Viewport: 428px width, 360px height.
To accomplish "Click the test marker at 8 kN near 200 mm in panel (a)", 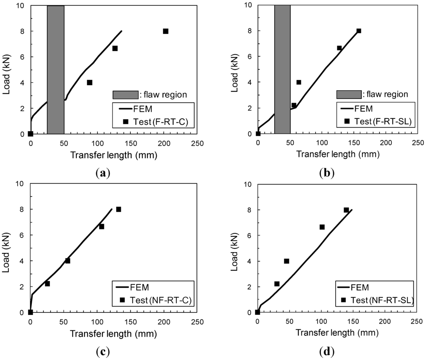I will click(166, 31).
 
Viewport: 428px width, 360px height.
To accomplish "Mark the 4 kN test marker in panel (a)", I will click(89, 83).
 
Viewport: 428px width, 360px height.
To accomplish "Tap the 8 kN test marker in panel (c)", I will click(119, 209).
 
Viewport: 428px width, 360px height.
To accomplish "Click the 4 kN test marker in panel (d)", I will click(287, 261).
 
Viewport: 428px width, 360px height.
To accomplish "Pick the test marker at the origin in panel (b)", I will click(258, 134).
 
